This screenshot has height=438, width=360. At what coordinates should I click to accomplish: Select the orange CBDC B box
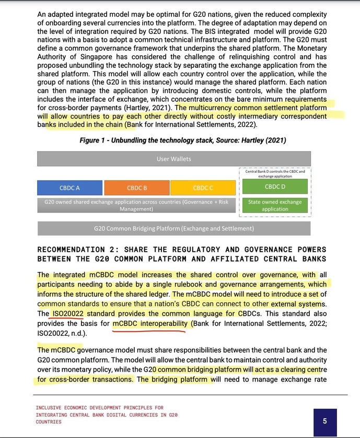(x=137, y=187)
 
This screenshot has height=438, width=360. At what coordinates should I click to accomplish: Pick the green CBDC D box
(x=275, y=186)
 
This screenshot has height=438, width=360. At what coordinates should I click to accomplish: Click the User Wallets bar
(x=174, y=159)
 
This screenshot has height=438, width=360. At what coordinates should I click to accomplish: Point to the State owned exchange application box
(x=275, y=205)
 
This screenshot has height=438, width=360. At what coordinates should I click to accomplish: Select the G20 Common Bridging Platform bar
(x=174, y=228)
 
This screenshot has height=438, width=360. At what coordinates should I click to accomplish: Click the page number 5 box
(x=324, y=421)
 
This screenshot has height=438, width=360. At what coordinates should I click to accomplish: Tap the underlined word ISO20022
(x=68, y=313)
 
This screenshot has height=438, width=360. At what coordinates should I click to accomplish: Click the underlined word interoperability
(x=161, y=324)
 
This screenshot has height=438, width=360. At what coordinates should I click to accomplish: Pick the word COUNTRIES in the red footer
(x=49, y=421)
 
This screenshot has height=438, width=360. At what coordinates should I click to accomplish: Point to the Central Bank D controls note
(x=275, y=173)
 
